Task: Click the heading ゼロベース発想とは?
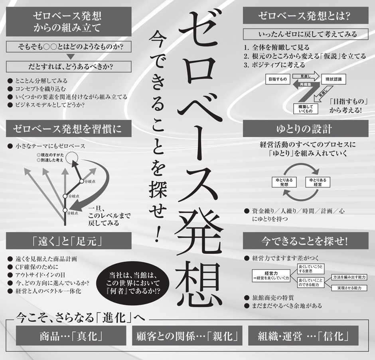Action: (304, 17)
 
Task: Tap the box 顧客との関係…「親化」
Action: (187, 336)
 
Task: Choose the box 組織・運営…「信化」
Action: (303, 336)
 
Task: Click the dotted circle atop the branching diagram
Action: (72, 158)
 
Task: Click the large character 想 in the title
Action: (199, 281)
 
